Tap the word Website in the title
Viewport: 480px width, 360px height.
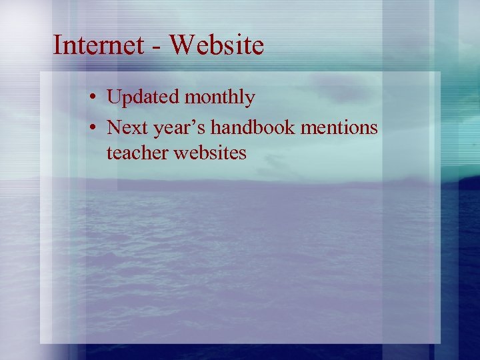[x=217, y=45]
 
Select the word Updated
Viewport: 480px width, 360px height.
[x=143, y=98]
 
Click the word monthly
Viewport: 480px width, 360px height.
[x=219, y=99]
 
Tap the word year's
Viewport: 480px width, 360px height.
[x=174, y=127]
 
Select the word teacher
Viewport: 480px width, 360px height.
[x=137, y=153]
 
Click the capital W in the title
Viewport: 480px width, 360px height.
[x=181, y=45]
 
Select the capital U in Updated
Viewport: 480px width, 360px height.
[x=113, y=98]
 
